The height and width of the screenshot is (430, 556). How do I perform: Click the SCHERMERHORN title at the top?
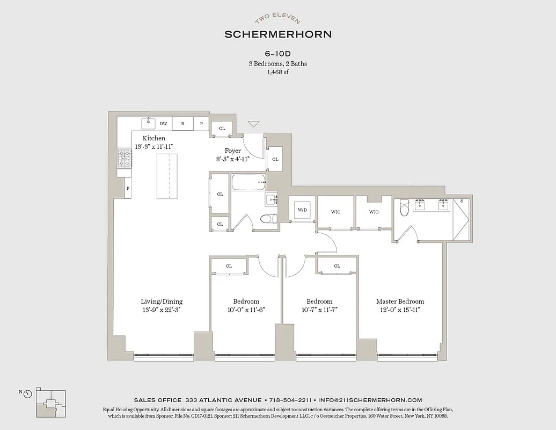tap(278, 34)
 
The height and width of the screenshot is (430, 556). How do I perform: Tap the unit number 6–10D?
tap(278, 54)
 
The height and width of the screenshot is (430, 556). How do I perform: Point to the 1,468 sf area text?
tap(278, 73)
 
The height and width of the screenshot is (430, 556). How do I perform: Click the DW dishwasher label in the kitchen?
tap(163, 124)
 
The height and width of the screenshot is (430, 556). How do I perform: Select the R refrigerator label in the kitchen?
tap(182, 124)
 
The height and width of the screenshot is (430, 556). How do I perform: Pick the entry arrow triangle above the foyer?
tap(253, 124)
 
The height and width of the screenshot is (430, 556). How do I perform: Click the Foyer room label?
tap(232, 151)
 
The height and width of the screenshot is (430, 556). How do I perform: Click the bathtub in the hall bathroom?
tap(248, 183)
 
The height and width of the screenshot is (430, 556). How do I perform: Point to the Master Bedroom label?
tap(400, 302)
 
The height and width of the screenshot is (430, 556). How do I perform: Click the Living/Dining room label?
tap(162, 302)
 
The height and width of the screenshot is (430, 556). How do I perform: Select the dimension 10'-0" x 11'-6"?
tap(246, 310)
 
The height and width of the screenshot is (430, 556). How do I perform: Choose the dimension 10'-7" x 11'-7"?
tap(319, 310)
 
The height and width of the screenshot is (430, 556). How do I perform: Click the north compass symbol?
tap(27, 393)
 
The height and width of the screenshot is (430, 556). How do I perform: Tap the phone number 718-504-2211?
tap(290, 400)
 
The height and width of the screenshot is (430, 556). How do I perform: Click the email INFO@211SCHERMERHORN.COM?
tap(370, 400)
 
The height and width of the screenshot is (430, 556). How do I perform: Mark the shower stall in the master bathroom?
tap(461, 219)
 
